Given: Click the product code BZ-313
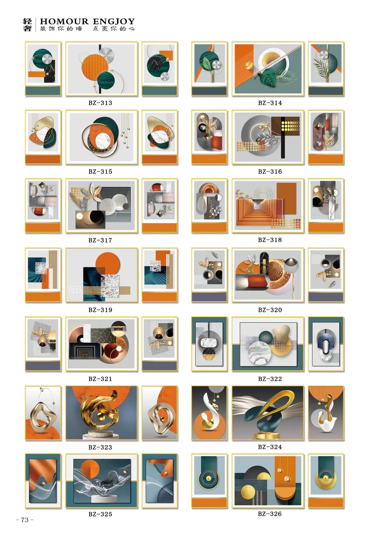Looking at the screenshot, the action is pos(100,103).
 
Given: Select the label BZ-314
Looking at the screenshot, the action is pos(270,103).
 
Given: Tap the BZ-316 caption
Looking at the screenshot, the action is pos(270,172).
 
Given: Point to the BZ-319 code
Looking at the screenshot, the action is pos(100,310).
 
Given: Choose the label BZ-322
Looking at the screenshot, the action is pos(270,379).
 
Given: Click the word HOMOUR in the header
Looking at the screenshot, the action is pos(64,22).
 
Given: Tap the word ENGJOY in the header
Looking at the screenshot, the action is pos(114,22).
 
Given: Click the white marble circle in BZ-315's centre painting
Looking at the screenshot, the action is pos(104,142).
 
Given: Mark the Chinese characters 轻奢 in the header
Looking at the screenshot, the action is pos(27,25).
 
